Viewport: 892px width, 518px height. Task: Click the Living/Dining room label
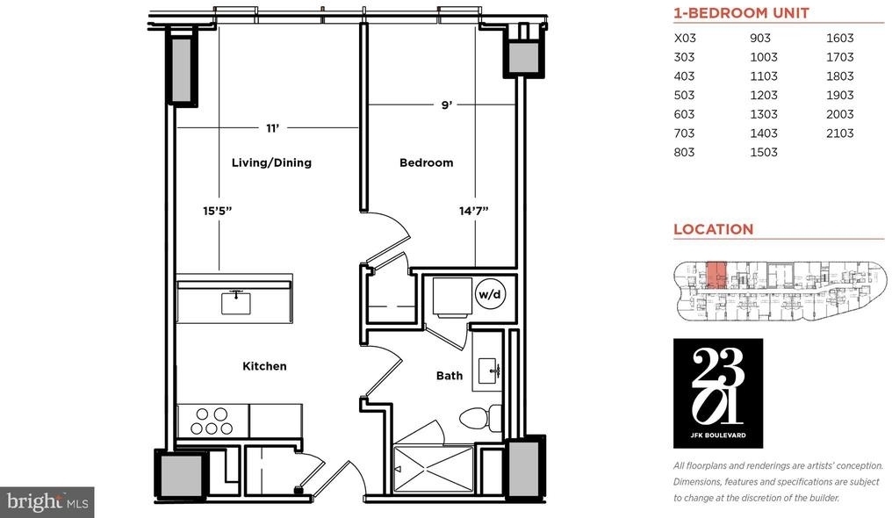271,162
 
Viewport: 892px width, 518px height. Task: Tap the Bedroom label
426,162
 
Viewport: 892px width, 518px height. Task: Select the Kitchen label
264,366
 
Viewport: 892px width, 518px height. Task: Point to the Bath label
450,375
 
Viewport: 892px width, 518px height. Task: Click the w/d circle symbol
490,294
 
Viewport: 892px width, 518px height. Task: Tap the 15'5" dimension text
218,211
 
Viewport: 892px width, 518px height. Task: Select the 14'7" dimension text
474,211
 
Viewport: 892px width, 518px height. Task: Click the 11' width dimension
272,128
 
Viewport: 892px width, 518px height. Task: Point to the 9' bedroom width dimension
447,104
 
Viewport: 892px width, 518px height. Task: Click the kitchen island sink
235,302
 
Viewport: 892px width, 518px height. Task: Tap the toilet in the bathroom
480,419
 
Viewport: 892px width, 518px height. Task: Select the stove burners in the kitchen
212,421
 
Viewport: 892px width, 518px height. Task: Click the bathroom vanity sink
487,371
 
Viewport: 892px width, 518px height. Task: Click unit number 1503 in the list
764,152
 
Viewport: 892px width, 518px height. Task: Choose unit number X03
685,38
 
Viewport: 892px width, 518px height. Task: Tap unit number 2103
839,133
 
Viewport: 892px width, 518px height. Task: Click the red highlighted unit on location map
716,275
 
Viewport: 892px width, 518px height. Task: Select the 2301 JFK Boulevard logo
718,393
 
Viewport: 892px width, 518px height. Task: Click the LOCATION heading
714,229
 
